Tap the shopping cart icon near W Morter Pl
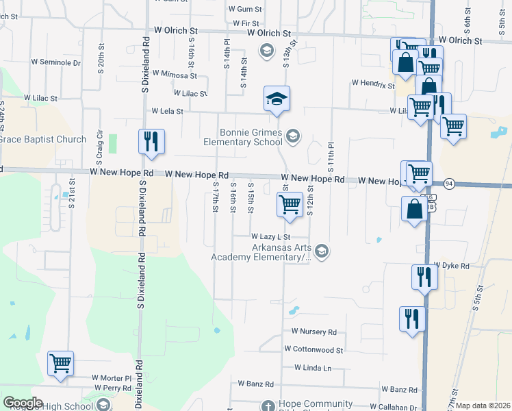(61, 363)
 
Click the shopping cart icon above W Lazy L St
(290, 204)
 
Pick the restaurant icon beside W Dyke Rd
(424, 277)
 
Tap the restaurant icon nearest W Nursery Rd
(412, 319)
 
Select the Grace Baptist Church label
(42, 140)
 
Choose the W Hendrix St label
(373, 84)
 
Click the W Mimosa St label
(175, 73)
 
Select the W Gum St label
(246, 10)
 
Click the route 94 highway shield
(449, 184)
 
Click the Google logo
(23, 403)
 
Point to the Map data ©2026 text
(483, 406)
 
